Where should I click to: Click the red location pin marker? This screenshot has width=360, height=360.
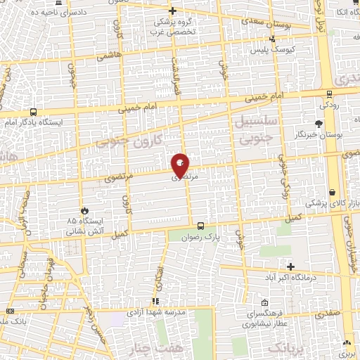[180, 165]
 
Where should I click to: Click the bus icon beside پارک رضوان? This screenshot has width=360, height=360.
[201, 226]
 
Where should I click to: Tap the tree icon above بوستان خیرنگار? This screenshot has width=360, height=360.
[319, 124]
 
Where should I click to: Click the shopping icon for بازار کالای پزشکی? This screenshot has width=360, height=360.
[331, 192]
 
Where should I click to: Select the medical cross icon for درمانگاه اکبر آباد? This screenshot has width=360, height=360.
[291, 266]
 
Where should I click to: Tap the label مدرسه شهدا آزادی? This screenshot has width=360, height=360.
[157, 310]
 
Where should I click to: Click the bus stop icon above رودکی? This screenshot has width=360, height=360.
[329, 94]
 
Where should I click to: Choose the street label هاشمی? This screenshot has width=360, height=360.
[111, 55]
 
